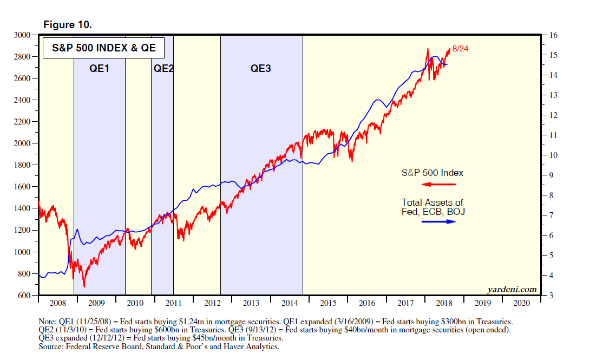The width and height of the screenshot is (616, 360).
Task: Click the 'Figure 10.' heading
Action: (x=67, y=25)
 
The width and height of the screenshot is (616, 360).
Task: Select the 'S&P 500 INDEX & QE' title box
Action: (x=103, y=48)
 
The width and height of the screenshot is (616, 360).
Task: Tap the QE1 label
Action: (x=99, y=69)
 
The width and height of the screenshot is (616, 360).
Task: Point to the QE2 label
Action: (x=163, y=69)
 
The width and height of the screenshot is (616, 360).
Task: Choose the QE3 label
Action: (x=260, y=69)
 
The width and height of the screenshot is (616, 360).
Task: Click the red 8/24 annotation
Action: (x=460, y=49)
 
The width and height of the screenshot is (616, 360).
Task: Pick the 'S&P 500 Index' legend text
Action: (x=432, y=173)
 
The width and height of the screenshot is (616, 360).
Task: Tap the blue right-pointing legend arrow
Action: (x=438, y=222)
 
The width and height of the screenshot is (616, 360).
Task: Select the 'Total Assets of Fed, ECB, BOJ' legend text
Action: (x=433, y=207)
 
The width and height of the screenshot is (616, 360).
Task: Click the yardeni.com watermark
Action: (x=512, y=289)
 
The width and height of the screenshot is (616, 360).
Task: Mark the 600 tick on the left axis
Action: (x=27, y=296)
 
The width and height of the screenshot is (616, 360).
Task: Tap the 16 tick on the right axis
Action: (x=553, y=35)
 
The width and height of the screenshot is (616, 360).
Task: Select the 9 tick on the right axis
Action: (x=551, y=175)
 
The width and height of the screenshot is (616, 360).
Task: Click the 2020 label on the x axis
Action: (x=522, y=304)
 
